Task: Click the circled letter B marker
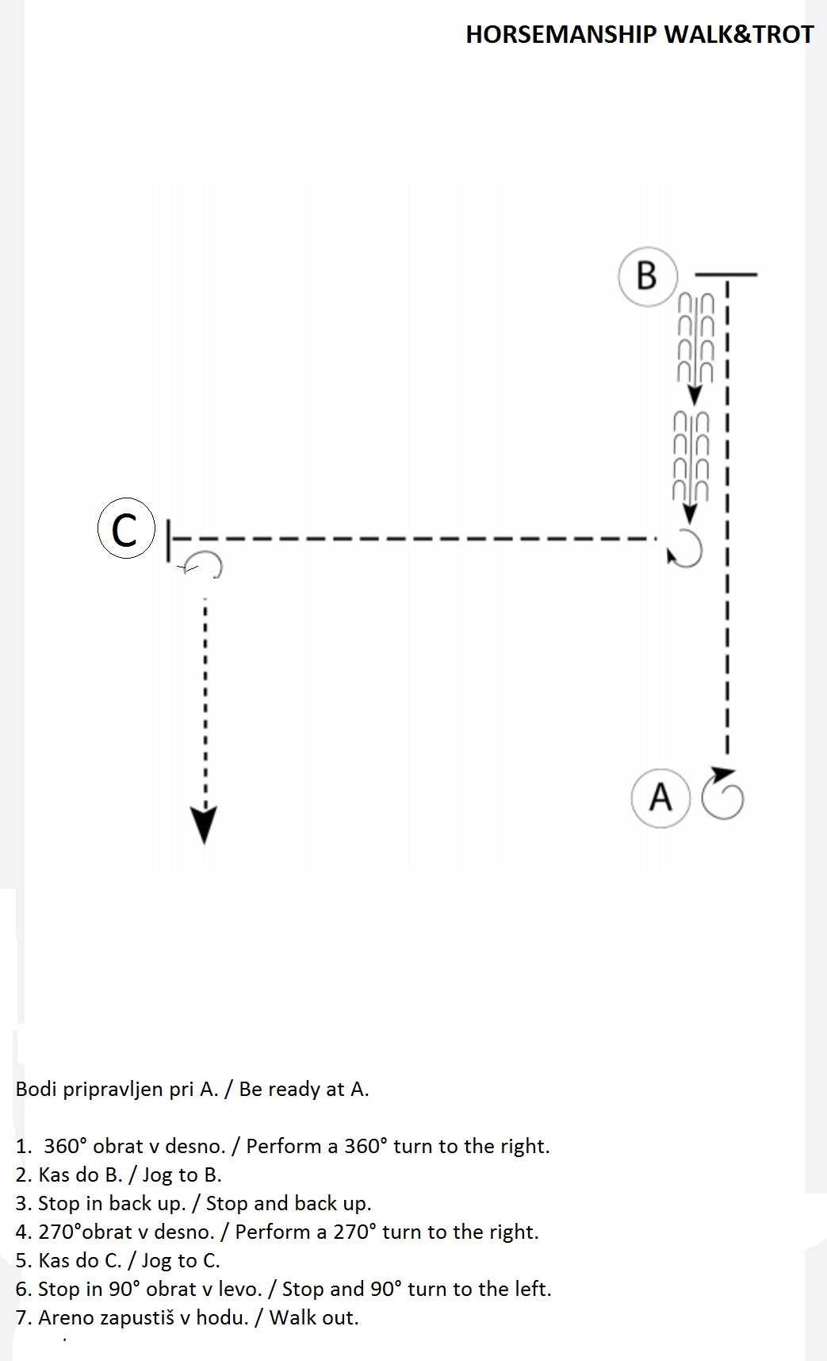coord(647,276)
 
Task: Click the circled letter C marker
coord(125,528)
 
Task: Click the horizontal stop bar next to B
coord(726,275)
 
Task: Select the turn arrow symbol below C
coord(203,563)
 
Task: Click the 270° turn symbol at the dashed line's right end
coord(687,549)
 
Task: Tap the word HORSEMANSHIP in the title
coord(561,34)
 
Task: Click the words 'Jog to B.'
coord(182,1175)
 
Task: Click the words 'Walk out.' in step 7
coord(314,1318)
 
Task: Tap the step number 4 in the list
coord(23,1232)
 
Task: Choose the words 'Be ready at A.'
coord(304,1090)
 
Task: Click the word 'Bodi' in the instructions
coord(36,1089)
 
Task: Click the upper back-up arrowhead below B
coord(695,394)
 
